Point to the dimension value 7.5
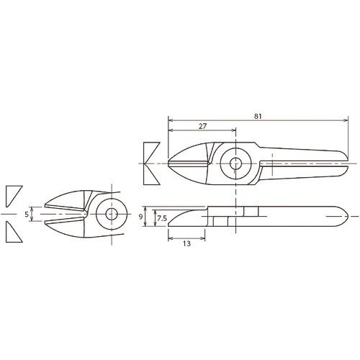click(x=163, y=217)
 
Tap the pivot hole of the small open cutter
click(x=111, y=215)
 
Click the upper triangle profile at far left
click(x=13, y=194)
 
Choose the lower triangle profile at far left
click(x=13, y=233)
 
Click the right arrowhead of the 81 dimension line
click(x=350, y=118)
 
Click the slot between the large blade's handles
click(x=302, y=164)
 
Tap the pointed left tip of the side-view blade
click(x=169, y=221)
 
